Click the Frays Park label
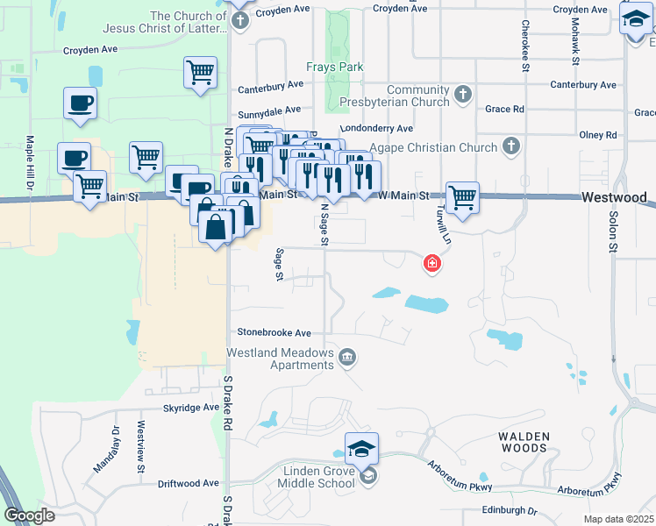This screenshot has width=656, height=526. pos(334,67)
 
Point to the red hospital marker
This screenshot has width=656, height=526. pos(431,263)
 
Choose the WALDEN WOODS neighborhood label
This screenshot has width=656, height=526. pos(524,442)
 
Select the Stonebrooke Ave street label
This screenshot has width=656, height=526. pos(275,333)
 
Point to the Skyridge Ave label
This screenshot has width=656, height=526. pos(191,408)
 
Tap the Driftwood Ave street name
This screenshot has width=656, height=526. pos(189,483)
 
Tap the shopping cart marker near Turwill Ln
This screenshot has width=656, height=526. pos(462,197)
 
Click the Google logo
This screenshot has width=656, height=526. pos(29,515)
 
